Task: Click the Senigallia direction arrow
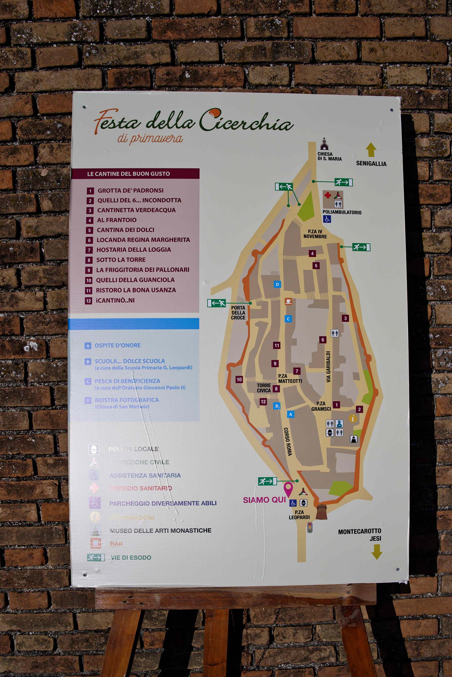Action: (371, 150)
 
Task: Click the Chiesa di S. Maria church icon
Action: (324, 144)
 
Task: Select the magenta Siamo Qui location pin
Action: (288, 489)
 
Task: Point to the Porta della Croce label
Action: (238, 313)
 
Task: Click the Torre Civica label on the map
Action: (264, 388)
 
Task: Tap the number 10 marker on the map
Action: (239, 379)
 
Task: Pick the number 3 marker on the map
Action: (345, 318)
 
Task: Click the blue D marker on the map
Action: (277, 284)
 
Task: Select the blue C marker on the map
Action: (288, 319)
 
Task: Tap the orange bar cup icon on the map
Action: (288, 301)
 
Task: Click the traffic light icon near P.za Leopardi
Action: (310, 527)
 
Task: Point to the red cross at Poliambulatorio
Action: (328, 195)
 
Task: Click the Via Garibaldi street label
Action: (328, 366)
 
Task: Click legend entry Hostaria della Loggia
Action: (133, 250)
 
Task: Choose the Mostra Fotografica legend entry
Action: (127, 400)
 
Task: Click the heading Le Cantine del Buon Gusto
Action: (129, 174)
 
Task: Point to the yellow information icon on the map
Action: (353, 418)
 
